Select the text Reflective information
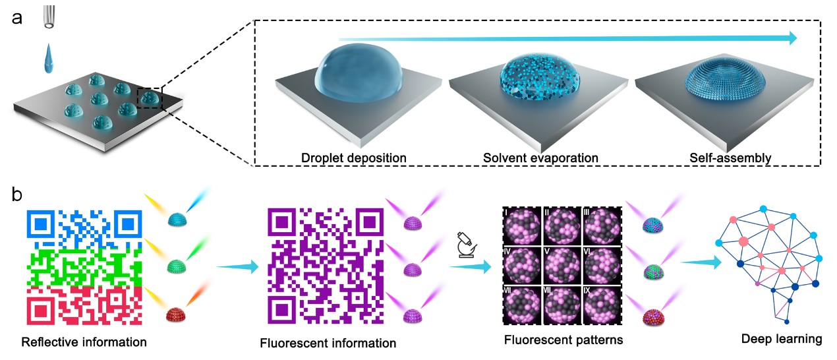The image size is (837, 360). (84, 342)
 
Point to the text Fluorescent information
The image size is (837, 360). (328, 344)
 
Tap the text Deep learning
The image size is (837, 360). (782, 340)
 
